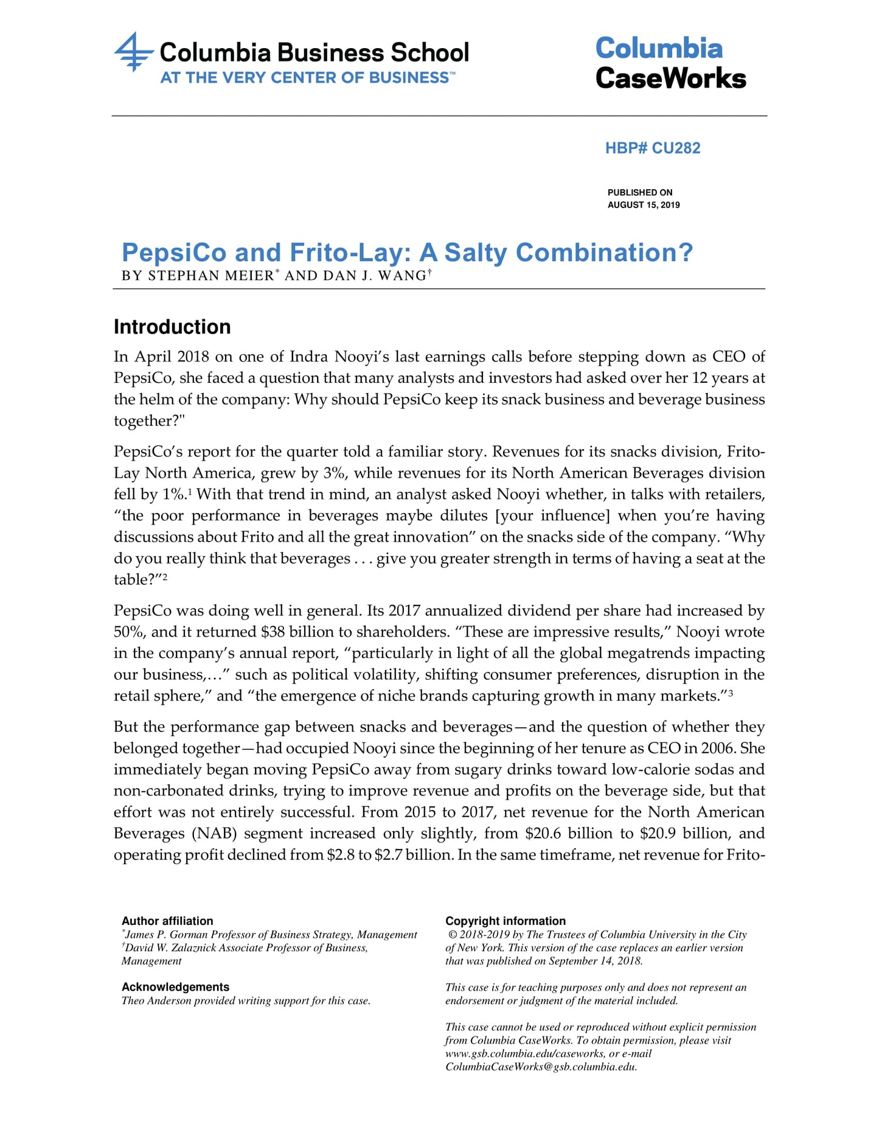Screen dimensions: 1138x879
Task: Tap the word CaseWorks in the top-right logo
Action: click(x=670, y=79)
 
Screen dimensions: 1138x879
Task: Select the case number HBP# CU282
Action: click(x=652, y=148)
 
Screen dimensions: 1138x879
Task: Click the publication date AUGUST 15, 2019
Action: click(x=644, y=205)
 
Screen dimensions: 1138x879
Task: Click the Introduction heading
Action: click(x=172, y=327)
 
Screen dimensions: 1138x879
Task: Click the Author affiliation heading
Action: click(x=167, y=921)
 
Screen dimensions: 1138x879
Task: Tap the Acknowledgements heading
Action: click(x=175, y=987)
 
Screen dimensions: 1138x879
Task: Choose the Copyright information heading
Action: click(x=505, y=921)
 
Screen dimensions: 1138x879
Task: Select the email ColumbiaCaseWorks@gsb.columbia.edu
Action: click(x=541, y=1067)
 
